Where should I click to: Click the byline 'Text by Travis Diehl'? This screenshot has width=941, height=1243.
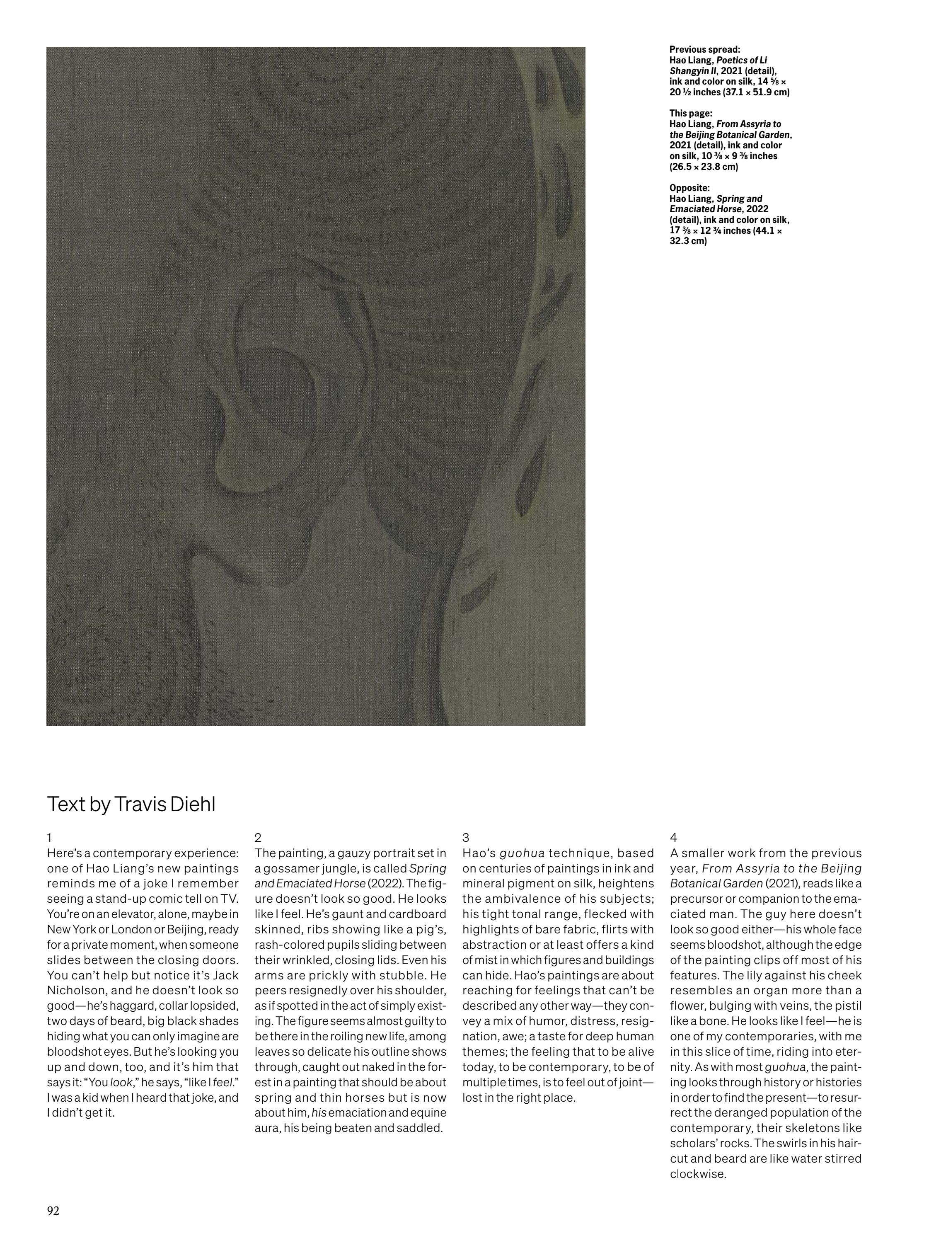click(x=131, y=804)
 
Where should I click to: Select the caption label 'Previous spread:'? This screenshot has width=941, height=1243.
click(x=704, y=49)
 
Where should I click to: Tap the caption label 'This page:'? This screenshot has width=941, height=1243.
click(x=690, y=114)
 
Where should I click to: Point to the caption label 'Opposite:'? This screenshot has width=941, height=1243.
click(x=689, y=188)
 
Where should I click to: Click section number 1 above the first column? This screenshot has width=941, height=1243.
click(x=49, y=838)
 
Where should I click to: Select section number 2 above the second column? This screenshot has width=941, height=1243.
click(x=258, y=838)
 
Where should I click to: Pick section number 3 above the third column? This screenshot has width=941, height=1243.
click(x=466, y=838)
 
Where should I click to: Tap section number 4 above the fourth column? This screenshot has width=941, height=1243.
click(x=674, y=838)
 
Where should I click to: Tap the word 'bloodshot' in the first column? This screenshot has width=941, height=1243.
click(x=75, y=1052)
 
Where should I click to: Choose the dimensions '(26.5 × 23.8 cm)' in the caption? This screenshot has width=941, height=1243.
click(x=703, y=167)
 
